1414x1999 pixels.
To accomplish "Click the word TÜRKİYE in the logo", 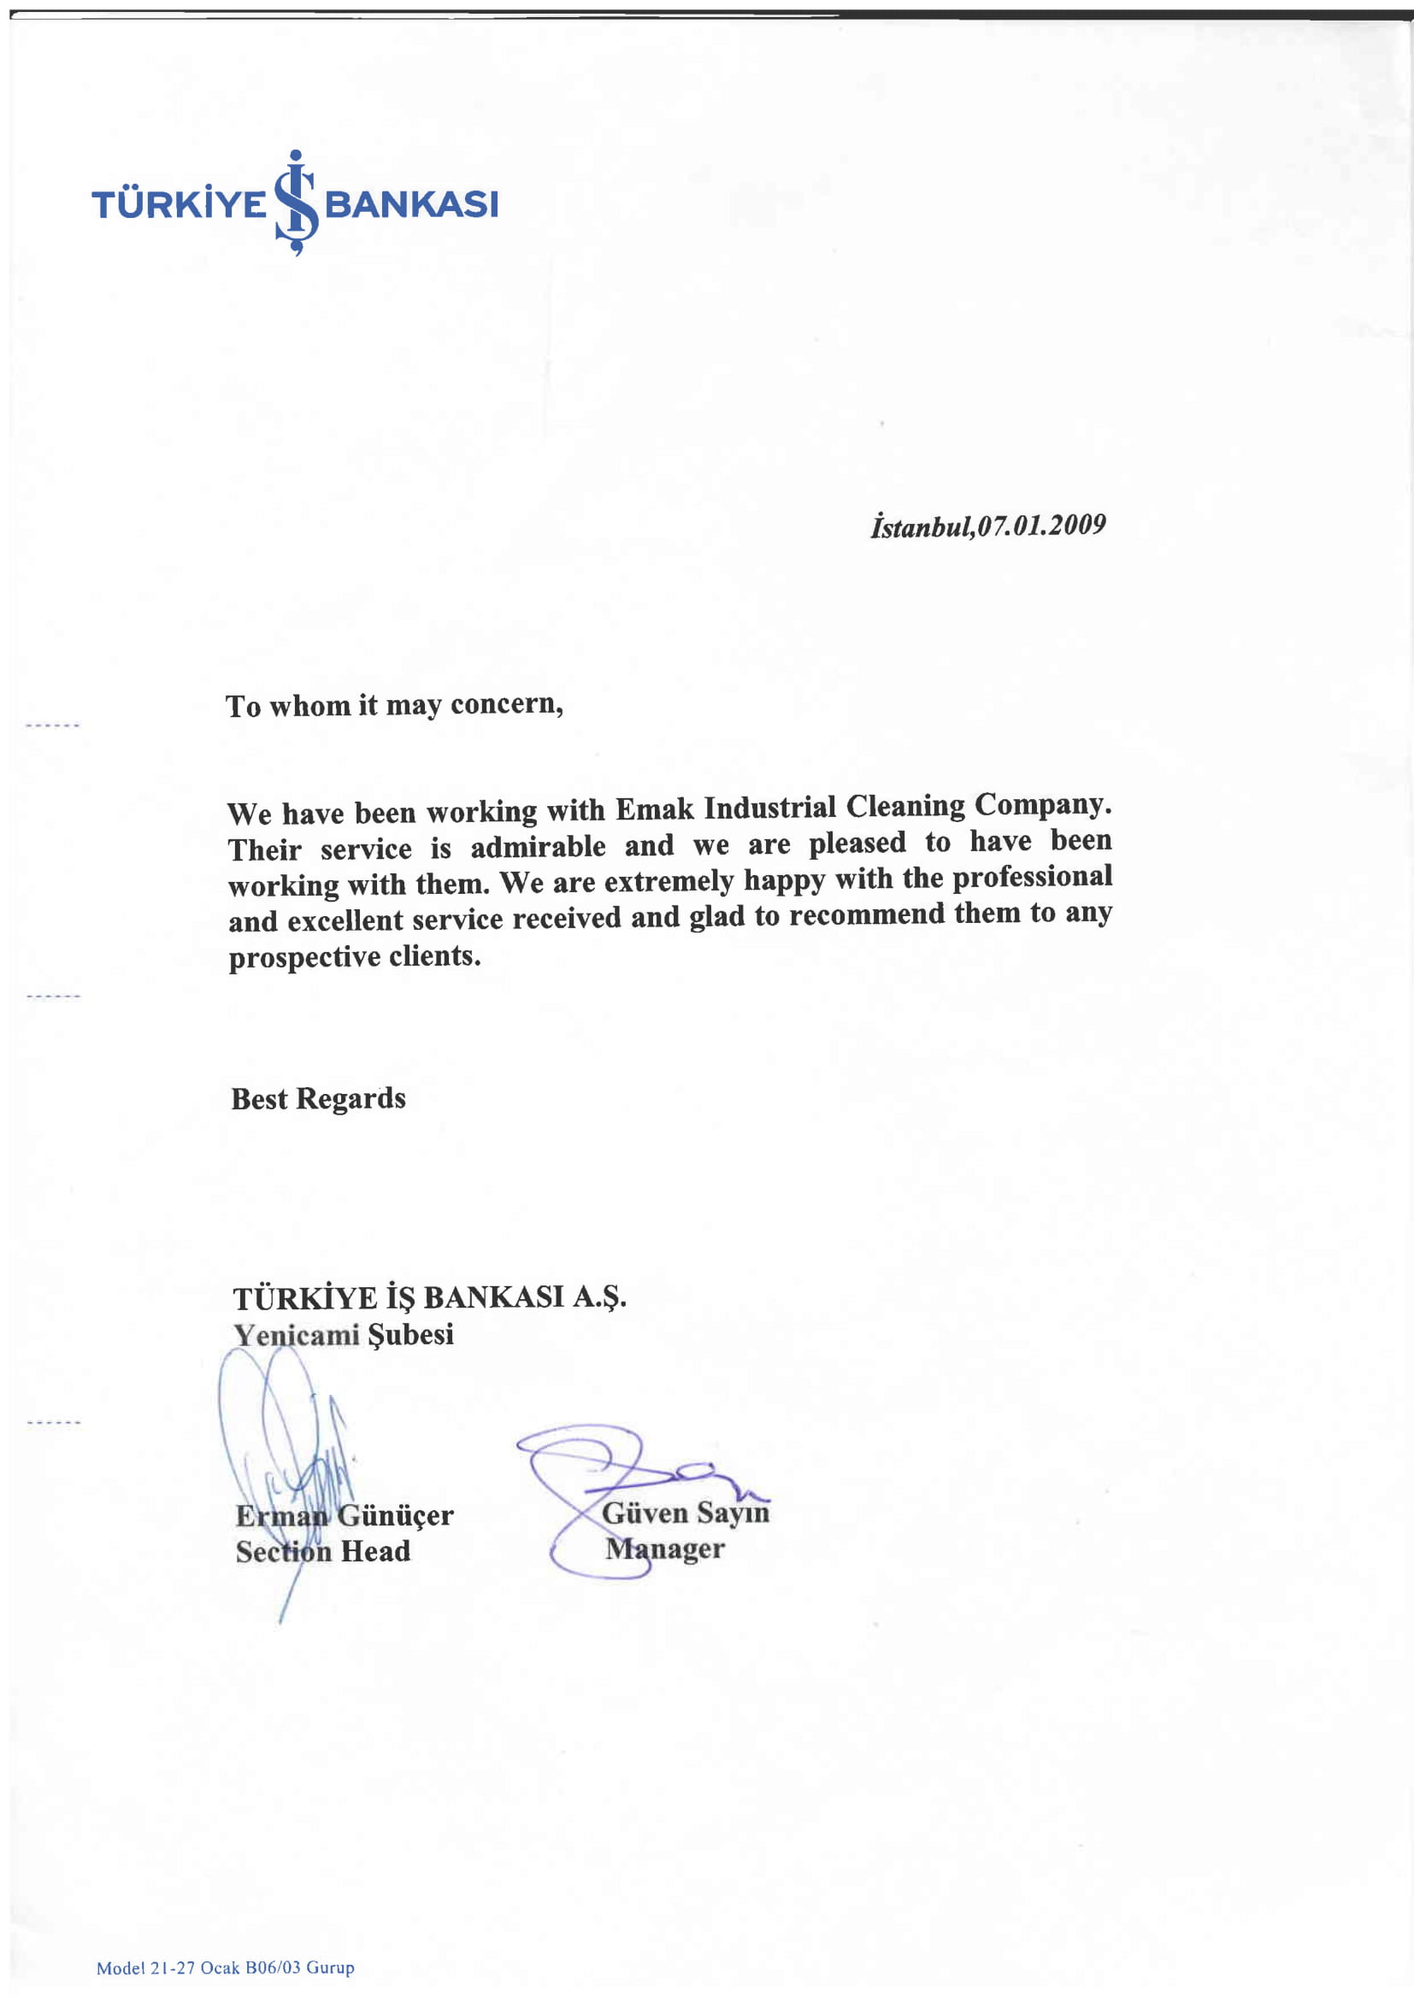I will click(x=179, y=204).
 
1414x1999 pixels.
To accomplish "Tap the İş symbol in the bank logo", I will click(x=296, y=203).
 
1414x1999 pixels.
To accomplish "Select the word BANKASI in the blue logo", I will click(x=411, y=204).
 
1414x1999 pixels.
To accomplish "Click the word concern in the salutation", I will click(x=506, y=703).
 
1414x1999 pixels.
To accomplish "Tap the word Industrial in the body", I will click(x=769, y=807).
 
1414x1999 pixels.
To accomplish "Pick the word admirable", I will click(x=537, y=846).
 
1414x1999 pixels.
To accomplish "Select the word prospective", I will click(x=303, y=957).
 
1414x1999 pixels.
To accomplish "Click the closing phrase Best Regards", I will click(x=318, y=1099).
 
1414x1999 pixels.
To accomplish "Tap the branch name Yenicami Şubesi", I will click(x=343, y=1335).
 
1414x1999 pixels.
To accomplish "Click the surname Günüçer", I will click(x=395, y=1516).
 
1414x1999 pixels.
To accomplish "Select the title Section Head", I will click(x=322, y=1551).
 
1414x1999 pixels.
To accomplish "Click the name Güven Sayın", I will click(x=686, y=1514).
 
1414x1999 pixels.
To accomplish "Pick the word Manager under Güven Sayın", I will click(x=665, y=1549).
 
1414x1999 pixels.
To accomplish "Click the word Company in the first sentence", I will click(x=1042, y=804).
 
